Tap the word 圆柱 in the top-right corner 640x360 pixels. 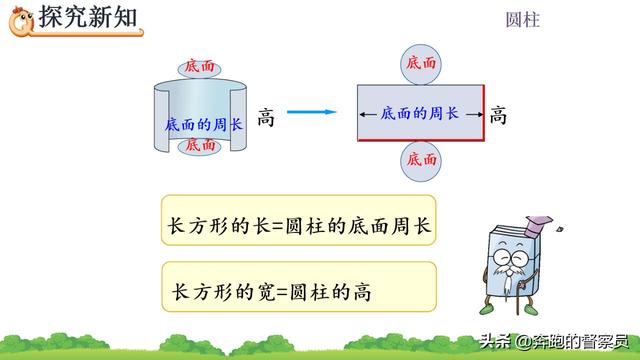[x=523, y=19]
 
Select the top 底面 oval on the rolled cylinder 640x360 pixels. [x=199, y=66]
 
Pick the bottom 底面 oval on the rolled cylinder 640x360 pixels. [x=199, y=145]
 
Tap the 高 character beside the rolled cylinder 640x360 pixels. [x=266, y=117]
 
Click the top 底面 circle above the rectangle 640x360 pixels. [x=421, y=63]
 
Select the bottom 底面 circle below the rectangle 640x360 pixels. [x=421, y=160]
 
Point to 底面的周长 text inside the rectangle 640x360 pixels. [x=420, y=113]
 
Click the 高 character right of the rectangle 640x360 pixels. [x=498, y=116]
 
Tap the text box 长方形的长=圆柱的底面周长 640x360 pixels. [x=299, y=226]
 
